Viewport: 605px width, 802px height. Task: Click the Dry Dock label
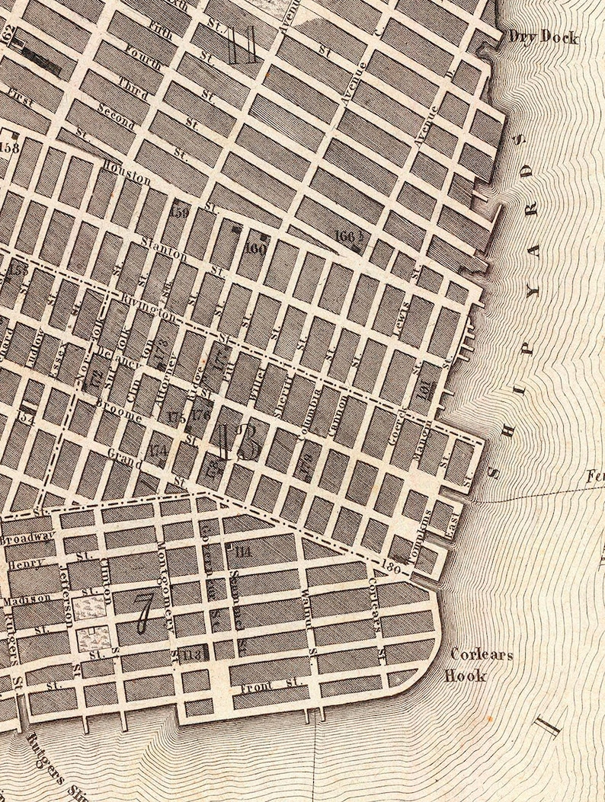tap(543, 38)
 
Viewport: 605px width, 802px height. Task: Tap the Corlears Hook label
tap(482, 663)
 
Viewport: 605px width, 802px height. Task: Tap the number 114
tap(244, 552)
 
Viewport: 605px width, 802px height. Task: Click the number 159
tap(180, 211)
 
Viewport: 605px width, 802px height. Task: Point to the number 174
tap(159, 450)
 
